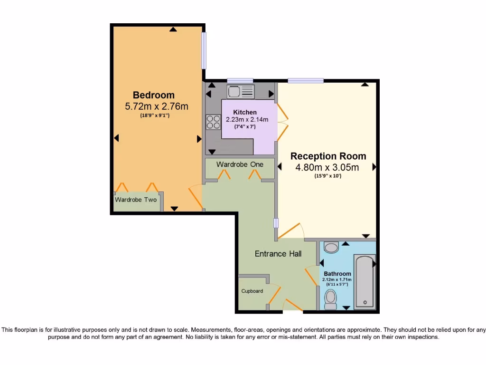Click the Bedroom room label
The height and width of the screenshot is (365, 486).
point(153,95)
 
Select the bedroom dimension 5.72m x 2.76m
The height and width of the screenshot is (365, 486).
point(156,106)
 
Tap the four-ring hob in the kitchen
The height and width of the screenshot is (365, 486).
point(213,122)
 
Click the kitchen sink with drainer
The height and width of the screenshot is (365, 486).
point(241,91)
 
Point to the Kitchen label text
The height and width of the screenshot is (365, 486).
point(245,112)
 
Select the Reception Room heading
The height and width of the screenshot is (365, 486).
point(328,156)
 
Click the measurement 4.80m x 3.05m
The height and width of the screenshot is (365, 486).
point(327,167)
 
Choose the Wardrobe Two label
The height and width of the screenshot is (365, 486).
point(136,200)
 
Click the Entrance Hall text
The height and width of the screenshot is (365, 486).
point(278,254)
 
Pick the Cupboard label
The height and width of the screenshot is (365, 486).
point(252,291)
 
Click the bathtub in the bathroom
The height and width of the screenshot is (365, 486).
point(364,282)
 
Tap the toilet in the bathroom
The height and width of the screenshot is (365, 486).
point(330,299)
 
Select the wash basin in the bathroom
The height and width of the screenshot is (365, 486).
point(331,247)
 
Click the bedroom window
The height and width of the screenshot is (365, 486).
point(204,50)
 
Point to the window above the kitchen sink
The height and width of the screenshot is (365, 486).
point(240,80)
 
